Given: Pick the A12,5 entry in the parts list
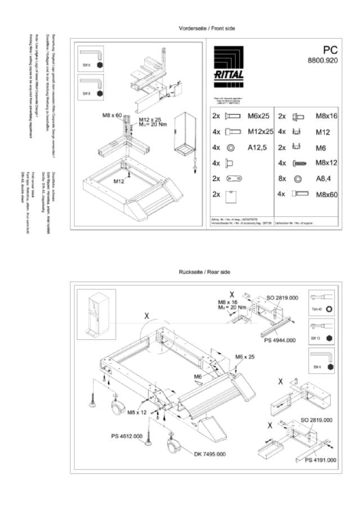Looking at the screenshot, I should (x=256, y=147).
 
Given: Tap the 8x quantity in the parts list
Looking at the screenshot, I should (x=282, y=178).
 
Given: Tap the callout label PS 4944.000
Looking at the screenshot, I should (x=279, y=340).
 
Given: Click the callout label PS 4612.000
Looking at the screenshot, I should (x=127, y=436).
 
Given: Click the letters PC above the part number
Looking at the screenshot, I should (x=330, y=50).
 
